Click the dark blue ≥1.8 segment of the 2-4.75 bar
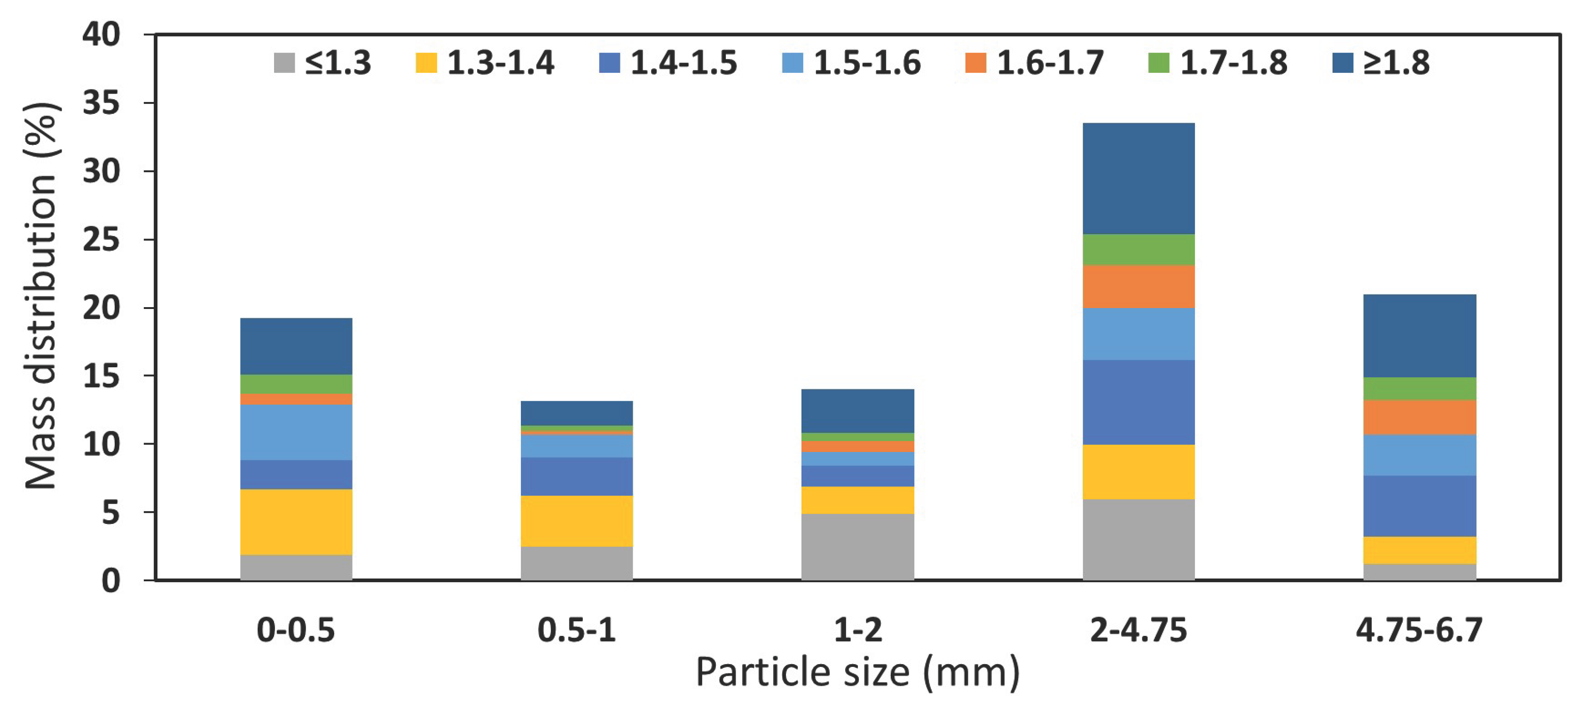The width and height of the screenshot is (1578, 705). click(1138, 178)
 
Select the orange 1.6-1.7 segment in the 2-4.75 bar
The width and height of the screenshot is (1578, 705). click(1138, 286)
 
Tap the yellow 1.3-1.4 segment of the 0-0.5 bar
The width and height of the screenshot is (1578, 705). click(296, 522)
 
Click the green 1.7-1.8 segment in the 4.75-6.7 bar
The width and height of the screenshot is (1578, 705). click(1419, 388)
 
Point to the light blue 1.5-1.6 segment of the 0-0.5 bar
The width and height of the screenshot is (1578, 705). click(296, 432)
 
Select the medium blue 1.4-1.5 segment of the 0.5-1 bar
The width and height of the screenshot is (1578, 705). click(576, 476)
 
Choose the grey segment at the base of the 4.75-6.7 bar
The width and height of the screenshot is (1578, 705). click(1419, 571)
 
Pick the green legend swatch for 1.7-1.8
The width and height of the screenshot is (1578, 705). click(1158, 63)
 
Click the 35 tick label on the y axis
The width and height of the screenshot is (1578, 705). click(101, 103)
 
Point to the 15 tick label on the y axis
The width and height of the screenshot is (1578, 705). click(101, 376)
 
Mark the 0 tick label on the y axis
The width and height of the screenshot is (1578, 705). click(110, 580)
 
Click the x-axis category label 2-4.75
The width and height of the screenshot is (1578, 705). click(1138, 630)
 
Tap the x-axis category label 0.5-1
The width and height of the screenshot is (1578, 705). click(576, 630)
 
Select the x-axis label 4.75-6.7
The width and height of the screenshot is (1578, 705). click(1419, 630)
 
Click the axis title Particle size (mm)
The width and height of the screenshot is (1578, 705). click(857, 673)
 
